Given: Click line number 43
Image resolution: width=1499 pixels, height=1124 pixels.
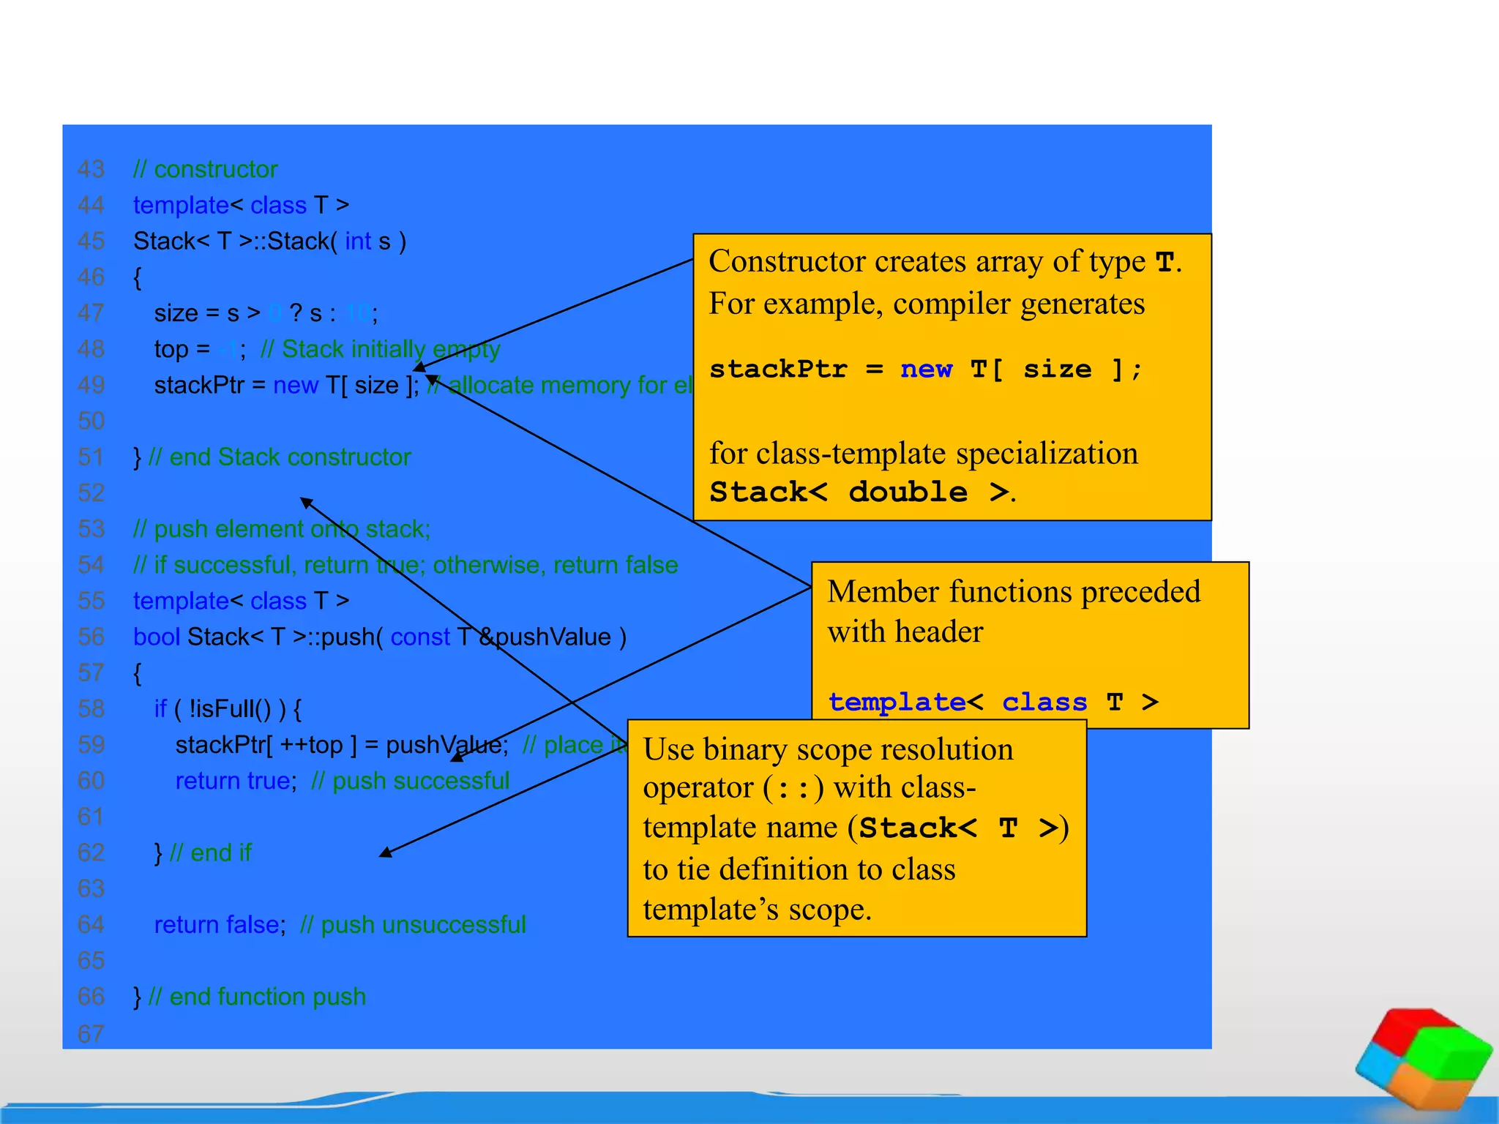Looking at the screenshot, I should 91,170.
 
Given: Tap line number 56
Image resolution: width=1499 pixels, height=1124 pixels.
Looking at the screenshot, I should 91,637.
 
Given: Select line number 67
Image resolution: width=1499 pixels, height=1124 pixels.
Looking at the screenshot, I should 91,1034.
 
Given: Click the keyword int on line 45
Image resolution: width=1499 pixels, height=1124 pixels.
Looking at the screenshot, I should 358,241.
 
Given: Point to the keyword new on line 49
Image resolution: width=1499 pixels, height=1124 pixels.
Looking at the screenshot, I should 295,385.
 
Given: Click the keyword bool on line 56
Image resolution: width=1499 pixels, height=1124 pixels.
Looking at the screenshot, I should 156,637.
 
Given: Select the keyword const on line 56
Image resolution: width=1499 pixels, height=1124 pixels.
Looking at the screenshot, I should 419,637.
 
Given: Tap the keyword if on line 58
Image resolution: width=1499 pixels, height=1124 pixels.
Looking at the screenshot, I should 160,708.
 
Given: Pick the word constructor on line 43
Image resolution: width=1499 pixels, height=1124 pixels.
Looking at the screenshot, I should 216,170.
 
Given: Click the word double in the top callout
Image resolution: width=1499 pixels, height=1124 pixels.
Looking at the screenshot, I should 908,492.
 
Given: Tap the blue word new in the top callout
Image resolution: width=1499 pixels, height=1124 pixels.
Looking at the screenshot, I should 926,370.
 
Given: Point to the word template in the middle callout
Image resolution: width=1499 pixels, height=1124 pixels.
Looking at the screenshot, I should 897,702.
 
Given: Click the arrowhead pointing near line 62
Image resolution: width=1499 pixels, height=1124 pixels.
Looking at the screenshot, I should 386,852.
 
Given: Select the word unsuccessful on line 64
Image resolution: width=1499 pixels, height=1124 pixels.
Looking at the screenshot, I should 454,925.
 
